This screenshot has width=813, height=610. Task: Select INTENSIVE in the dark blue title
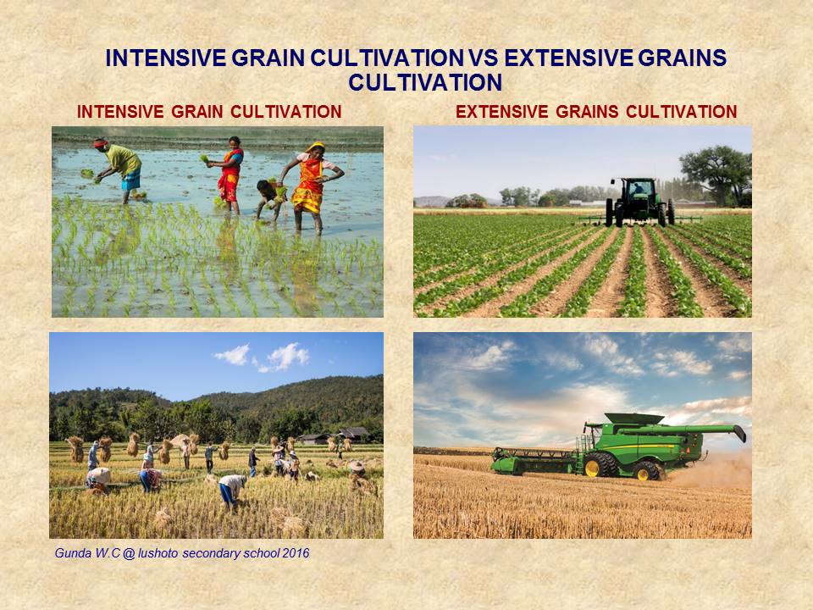[163, 58]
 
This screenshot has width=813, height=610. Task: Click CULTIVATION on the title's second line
[425, 83]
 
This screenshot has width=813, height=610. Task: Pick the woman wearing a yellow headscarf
[311, 182]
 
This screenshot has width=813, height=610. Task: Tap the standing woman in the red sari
[230, 173]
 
